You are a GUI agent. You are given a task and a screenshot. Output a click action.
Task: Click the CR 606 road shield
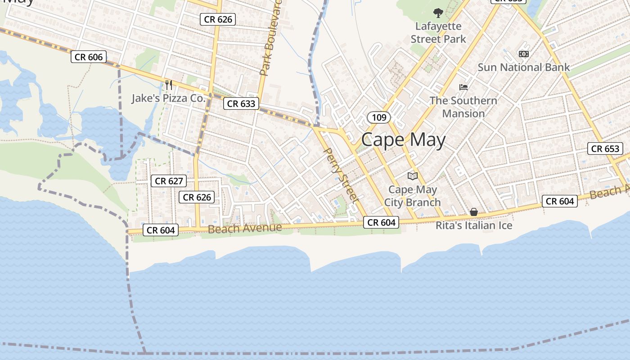click(x=89, y=57)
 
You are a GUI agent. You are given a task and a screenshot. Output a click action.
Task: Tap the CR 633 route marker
click(x=241, y=103)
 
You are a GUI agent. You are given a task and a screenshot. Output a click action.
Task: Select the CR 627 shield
click(x=168, y=181)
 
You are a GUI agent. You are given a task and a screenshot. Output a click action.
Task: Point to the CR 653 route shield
click(x=605, y=148)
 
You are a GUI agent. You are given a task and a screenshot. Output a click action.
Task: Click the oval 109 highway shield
click(x=379, y=117)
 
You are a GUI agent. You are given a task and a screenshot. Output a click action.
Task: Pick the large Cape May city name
click(x=403, y=140)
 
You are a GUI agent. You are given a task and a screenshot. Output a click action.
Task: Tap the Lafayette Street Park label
click(x=438, y=32)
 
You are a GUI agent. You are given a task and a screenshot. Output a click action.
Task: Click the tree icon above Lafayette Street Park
click(x=438, y=13)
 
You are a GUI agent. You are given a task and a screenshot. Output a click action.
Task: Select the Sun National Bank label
click(x=523, y=67)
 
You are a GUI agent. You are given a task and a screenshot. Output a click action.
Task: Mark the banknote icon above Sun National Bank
click(x=523, y=54)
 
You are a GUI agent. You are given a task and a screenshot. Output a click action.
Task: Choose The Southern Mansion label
click(x=463, y=107)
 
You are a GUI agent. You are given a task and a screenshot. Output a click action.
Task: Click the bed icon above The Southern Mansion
click(x=463, y=87)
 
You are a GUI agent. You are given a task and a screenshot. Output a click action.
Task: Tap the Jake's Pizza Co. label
click(x=168, y=98)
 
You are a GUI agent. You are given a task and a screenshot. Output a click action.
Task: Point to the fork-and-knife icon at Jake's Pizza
click(x=169, y=85)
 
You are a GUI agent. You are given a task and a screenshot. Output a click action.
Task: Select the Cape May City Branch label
click(x=412, y=196)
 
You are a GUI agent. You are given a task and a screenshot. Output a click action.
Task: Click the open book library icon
click(x=412, y=176)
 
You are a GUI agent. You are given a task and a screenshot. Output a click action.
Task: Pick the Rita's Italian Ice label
click(x=474, y=225)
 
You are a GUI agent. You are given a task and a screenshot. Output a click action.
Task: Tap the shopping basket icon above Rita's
click(x=474, y=211)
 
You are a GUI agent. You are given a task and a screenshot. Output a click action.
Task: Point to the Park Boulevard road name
click(x=270, y=38)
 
